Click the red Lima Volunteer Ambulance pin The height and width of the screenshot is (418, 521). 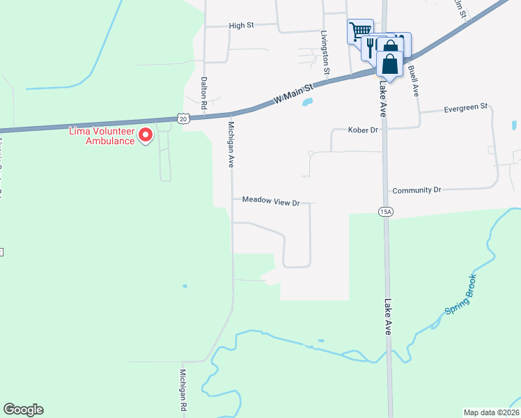146,134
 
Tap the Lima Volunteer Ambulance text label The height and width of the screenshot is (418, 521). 101,136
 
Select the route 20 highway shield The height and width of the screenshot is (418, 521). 183,119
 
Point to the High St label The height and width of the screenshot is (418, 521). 241,26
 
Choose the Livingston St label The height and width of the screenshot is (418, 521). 325,53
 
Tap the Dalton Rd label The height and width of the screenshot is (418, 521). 205,93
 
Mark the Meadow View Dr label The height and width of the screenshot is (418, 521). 271,201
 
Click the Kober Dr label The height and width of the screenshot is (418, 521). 363,130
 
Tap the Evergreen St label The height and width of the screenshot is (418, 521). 465,110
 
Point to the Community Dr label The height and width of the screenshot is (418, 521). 417,190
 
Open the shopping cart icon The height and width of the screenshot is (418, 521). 359,30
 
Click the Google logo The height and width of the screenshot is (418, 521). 24,410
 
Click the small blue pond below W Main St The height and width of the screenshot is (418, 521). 306,104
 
